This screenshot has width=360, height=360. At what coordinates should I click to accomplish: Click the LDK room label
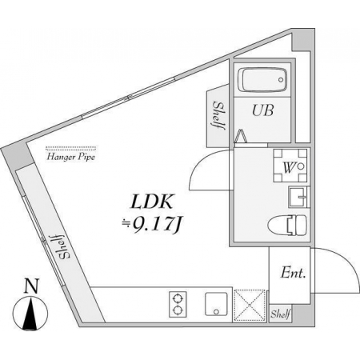point(151,202)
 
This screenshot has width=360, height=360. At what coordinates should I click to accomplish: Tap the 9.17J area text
point(152,225)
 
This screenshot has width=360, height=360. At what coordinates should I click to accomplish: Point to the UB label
point(262,110)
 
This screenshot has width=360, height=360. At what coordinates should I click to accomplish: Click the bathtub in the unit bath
point(262,80)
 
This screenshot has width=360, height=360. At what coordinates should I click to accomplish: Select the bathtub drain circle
point(281,80)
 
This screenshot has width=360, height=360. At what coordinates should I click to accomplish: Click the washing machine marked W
point(290,166)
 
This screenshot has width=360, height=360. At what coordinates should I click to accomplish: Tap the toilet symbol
point(287,226)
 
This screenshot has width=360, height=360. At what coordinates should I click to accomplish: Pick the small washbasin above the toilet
point(298,197)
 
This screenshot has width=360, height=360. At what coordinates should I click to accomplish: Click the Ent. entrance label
point(293,273)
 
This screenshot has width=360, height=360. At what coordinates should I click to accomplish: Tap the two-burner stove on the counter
point(178,305)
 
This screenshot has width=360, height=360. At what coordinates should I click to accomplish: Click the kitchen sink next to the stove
point(216,305)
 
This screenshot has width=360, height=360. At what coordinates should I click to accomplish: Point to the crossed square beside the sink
point(250,306)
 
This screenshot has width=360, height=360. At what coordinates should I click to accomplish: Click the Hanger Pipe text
point(71,157)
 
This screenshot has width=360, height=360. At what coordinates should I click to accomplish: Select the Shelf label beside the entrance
point(281,314)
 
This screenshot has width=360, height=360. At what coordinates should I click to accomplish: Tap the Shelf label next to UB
point(218,115)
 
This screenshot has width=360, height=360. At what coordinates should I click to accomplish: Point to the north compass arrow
point(30,314)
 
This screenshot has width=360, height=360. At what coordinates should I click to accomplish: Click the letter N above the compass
point(32,286)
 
